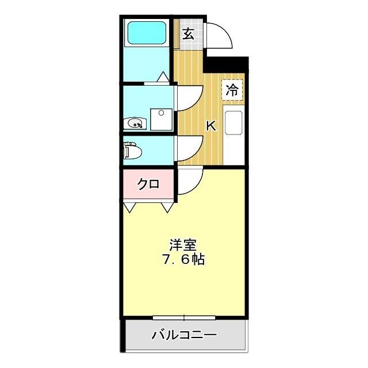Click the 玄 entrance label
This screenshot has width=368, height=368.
pos(189,33)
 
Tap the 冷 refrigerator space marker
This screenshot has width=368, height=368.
pos(232,89)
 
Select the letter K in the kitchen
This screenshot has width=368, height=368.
pos(211,126)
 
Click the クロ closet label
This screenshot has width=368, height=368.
pos(148,185)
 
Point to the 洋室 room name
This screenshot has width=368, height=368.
pos(183,244)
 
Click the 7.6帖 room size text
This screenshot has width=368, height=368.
pos(183,259)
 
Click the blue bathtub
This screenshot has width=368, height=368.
pos(146,33)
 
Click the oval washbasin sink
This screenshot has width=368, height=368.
pos(136,122)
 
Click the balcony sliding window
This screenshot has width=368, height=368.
pos(184,317)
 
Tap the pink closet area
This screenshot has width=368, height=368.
pos(148,185)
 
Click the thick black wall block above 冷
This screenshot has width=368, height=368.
pos(227,64)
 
